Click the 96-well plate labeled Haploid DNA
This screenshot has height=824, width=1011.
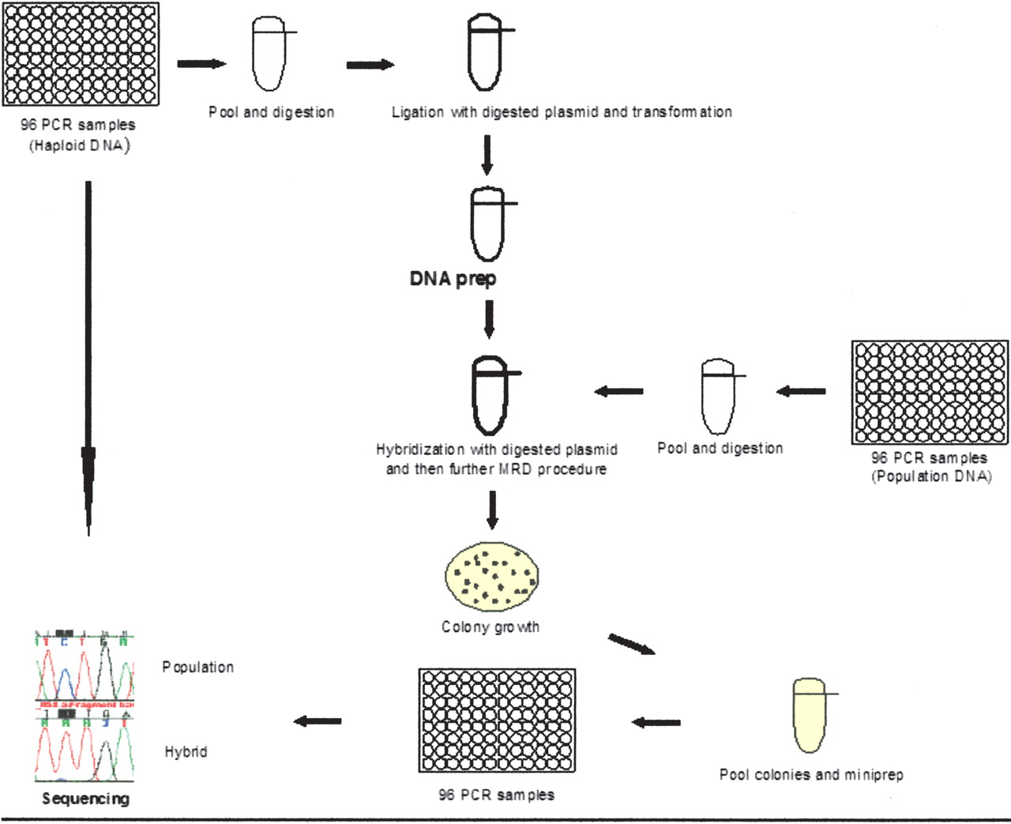tap(81, 55)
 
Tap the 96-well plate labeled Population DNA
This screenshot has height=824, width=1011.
tap(930, 393)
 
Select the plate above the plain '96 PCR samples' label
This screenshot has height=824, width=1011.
tap(497, 721)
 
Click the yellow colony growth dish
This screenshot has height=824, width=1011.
tap(492, 575)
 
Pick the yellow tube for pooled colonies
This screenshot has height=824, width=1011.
tap(809, 715)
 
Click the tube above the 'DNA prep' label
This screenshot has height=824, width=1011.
tap(487, 224)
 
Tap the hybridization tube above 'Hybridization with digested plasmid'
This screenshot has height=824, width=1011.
tap(490, 395)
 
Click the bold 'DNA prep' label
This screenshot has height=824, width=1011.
tap(453, 279)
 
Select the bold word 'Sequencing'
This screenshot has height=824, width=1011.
tap(85, 799)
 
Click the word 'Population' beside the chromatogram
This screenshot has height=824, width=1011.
tap(198, 668)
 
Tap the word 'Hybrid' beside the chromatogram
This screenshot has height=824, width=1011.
tap(186, 752)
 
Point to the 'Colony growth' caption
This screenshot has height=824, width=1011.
tap(490, 627)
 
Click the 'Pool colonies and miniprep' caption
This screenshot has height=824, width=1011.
tap(811, 775)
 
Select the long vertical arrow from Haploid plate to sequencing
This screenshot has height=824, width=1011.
tap(88, 356)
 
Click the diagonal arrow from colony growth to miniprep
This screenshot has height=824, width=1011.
tap(631, 645)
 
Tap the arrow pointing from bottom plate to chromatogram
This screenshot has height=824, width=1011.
tap(318, 721)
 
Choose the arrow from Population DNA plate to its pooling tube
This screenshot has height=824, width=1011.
tap(801, 391)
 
